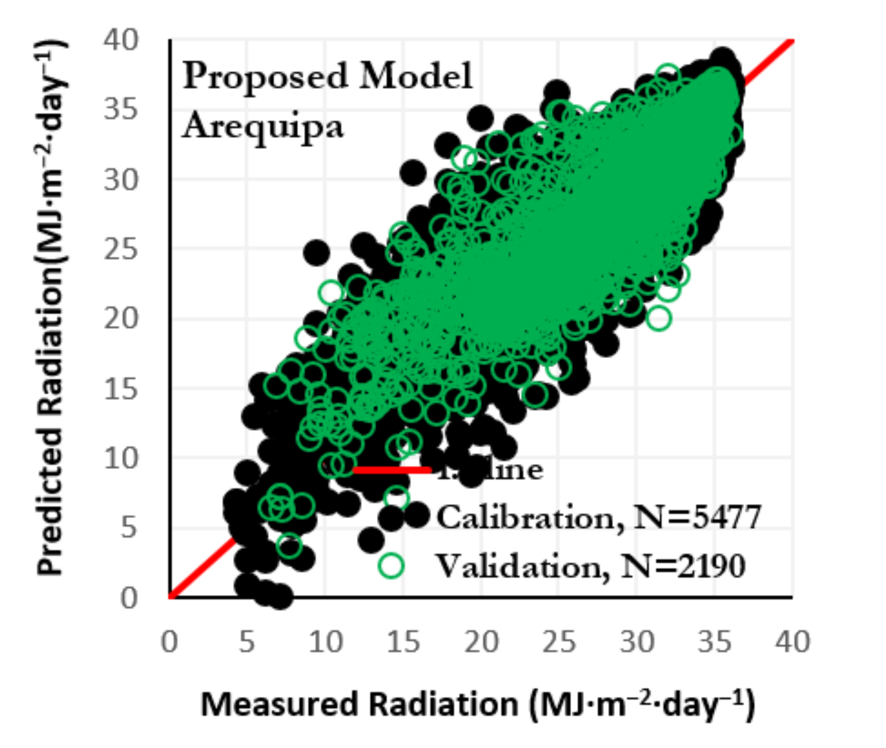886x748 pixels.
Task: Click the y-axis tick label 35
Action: [x=120, y=109]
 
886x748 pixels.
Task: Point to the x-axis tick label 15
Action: [x=403, y=642]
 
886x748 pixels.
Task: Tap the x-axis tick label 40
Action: [x=792, y=642]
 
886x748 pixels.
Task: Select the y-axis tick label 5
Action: [x=129, y=527]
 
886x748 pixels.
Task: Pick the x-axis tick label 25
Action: [x=559, y=642]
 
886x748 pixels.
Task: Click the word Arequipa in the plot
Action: [x=263, y=126]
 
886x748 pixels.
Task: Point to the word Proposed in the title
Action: [x=265, y=77]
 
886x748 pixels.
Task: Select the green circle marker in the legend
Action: [x=391, y=566]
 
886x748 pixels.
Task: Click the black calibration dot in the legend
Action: [x=417, y=515]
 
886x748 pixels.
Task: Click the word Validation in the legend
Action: [x=522, y=566]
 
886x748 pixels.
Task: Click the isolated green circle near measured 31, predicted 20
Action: [x=659, y=318]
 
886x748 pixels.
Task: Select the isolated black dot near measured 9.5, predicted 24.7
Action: [x=317, y=252]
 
